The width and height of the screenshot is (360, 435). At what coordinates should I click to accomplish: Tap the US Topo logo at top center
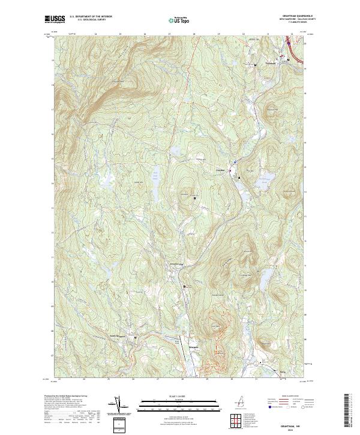(181, 19)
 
